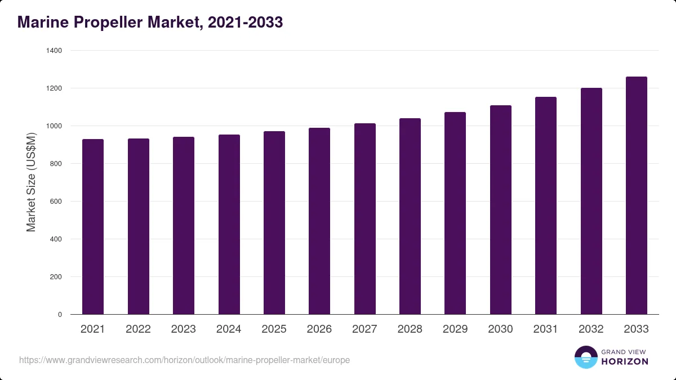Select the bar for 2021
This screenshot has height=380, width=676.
coord(93,227)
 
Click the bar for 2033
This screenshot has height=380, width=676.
coord(637,195)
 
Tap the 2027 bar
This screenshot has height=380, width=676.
coord(365,219)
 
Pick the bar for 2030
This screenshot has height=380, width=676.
coord(501,210)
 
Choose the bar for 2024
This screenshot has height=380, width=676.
coord(229,225)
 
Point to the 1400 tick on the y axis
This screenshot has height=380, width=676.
coord(54,50)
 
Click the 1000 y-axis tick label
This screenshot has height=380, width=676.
coord(54,126)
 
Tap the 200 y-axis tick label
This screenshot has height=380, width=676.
coord(56,276)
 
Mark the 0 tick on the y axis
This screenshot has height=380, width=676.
coord(60,314)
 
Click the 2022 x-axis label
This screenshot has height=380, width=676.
coord(138,329)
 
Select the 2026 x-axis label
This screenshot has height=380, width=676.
coord(319,329)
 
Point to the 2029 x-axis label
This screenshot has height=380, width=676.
coord(455,329)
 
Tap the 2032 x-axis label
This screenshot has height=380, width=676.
coord(591,329)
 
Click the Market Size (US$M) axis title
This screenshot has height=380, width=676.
coord(31,182)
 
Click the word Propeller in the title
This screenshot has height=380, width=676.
coord(108,23)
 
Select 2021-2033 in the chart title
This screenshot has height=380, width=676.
coord(246,23)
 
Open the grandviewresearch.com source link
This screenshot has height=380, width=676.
coord(184,360)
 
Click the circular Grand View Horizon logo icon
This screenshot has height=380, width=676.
coord(586,357)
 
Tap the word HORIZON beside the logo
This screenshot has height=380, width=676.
coord(625,361)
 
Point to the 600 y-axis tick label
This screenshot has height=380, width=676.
coord(56,201)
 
